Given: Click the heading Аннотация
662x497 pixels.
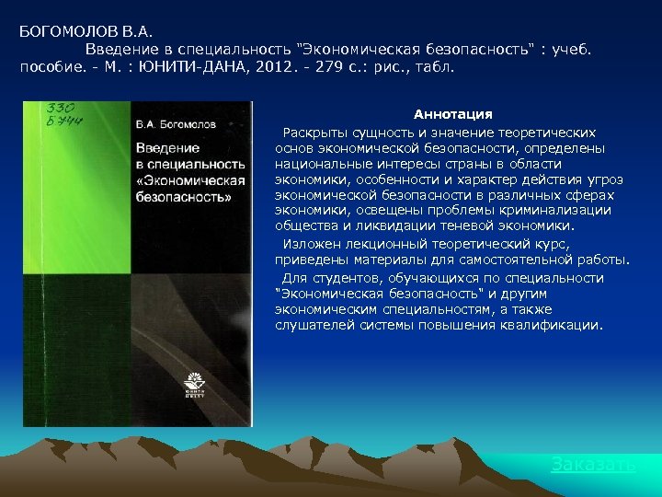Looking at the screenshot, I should coord(452,114).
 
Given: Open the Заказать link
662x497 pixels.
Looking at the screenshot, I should coord(593,465).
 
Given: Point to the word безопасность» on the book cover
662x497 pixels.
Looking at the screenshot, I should coord(184,197).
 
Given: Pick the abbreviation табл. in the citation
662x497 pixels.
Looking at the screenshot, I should coord(433,67).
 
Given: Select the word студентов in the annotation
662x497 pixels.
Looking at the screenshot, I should coord(348,278).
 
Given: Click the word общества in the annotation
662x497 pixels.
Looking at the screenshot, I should coord(307,225).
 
